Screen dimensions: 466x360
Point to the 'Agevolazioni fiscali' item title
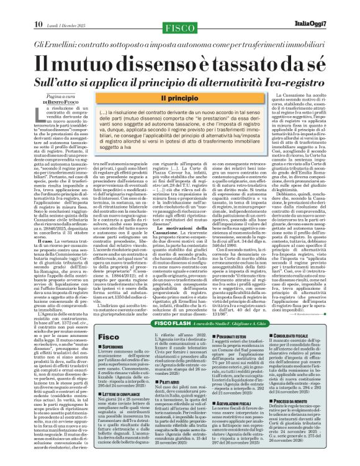(243, 404)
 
